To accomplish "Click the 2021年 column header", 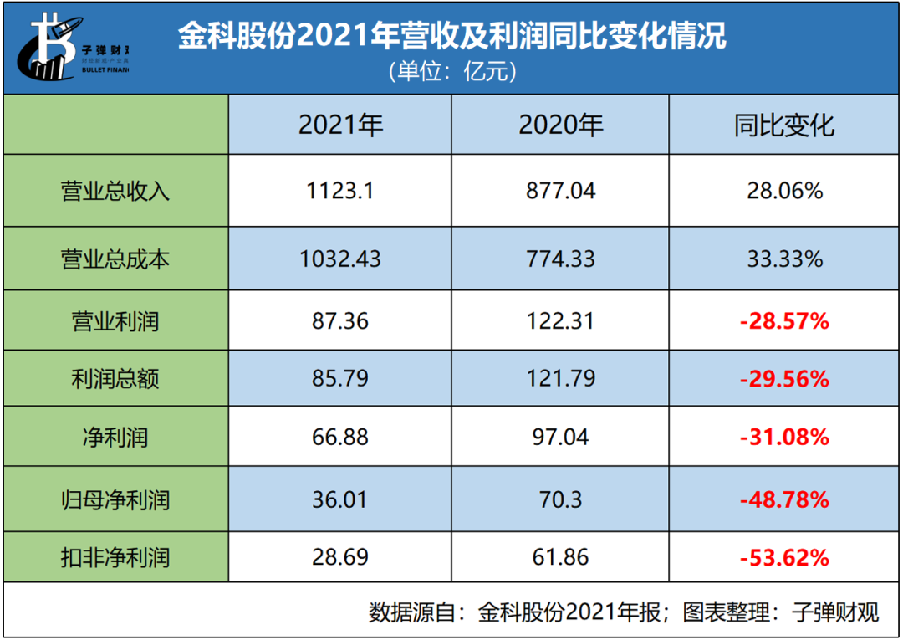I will (x=340, y=125).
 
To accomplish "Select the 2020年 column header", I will (x=560, y=125).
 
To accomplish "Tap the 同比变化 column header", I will (x=784, y=125).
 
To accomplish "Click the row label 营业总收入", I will (x=115, y=191).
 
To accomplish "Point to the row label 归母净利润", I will (x=115, y=500).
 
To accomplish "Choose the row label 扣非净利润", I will (x=115, y=556).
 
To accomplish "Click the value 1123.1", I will (x=340, y=191).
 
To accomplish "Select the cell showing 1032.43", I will (x=340, y=259).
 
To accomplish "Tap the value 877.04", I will (x=560, y=191).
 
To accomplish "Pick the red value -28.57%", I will (x=784, y=320).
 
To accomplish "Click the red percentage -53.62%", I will (x=784, y=556).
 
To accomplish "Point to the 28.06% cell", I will (x=784, y=191).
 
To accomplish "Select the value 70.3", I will (x=560, y=500).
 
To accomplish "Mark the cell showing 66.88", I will (x=340, y=437).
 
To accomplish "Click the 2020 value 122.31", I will (x=560, y=320).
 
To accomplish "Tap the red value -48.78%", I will (x=784, y=500).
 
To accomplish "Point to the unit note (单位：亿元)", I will (x=451, y=72).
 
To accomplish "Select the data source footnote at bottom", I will (x=624, y=612).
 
